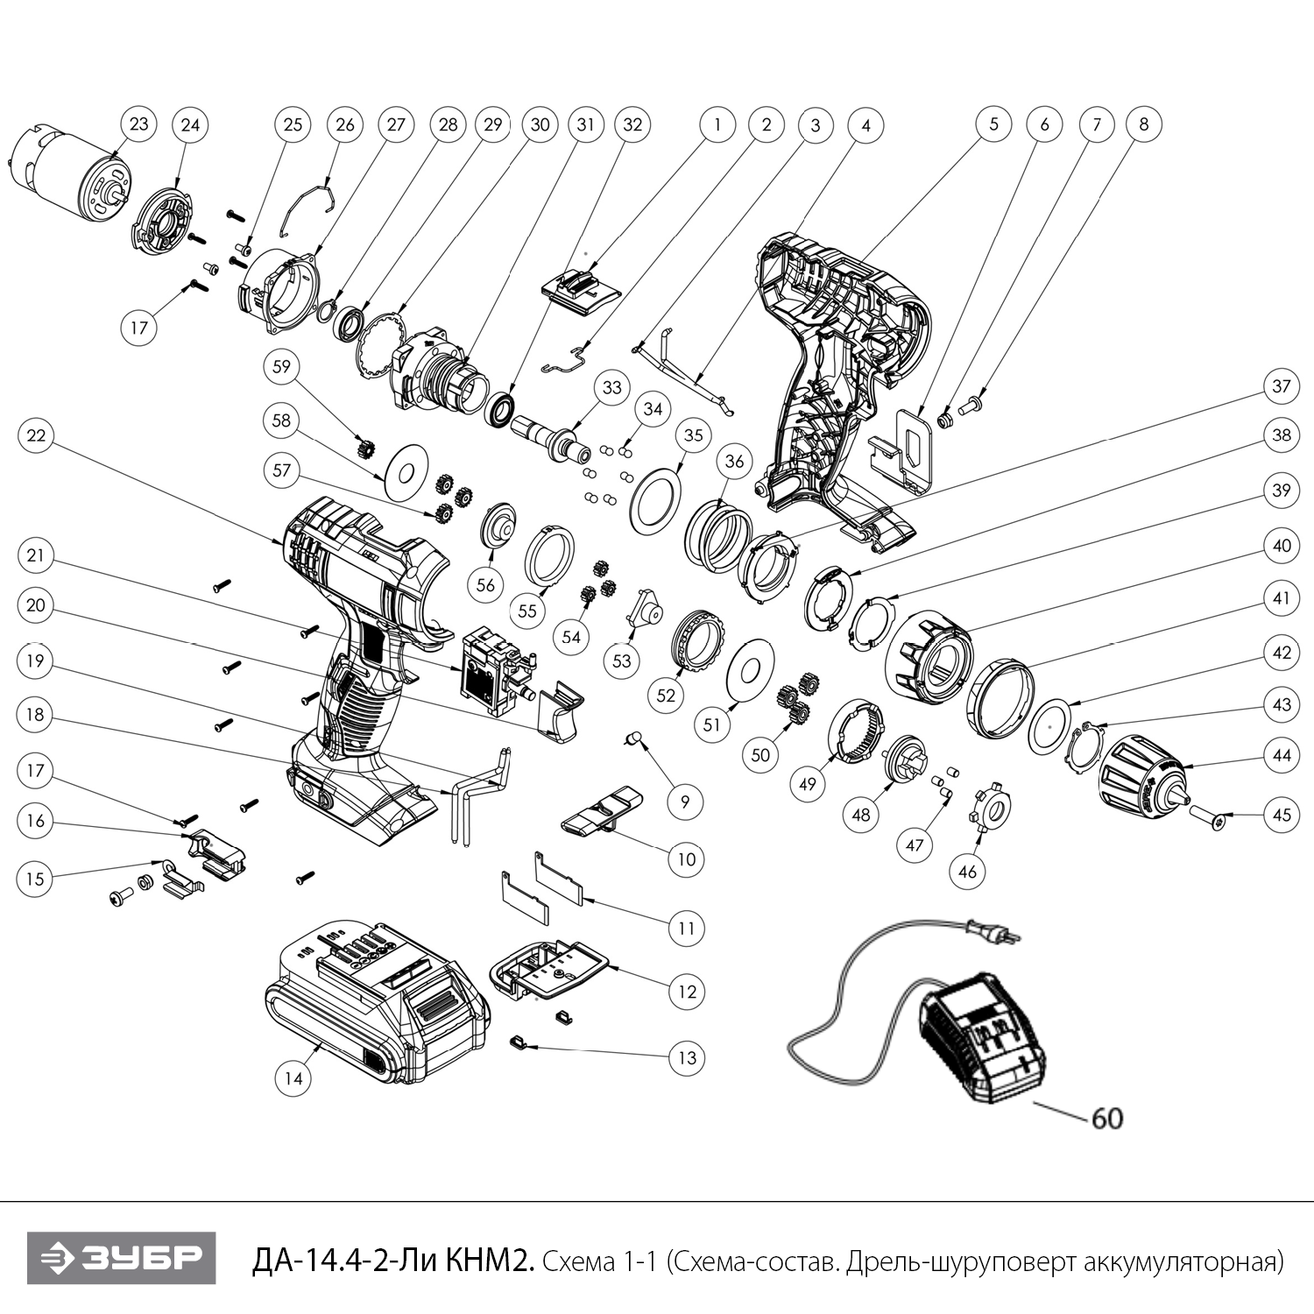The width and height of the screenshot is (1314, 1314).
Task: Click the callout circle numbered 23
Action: (139, 124)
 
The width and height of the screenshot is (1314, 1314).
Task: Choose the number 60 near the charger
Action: (1106, 1119)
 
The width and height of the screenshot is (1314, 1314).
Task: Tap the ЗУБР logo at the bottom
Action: (121, 1259)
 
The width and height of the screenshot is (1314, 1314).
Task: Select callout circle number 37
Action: (1282, 386)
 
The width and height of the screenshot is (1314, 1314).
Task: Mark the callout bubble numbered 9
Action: (685, 801)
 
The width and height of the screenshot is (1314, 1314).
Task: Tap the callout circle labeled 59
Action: (281, 366)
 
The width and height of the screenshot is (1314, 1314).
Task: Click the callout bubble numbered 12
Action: (686, 992)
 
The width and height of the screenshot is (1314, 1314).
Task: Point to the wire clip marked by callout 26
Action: (311, 209)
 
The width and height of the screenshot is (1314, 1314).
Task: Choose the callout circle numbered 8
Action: (1143, 124)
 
